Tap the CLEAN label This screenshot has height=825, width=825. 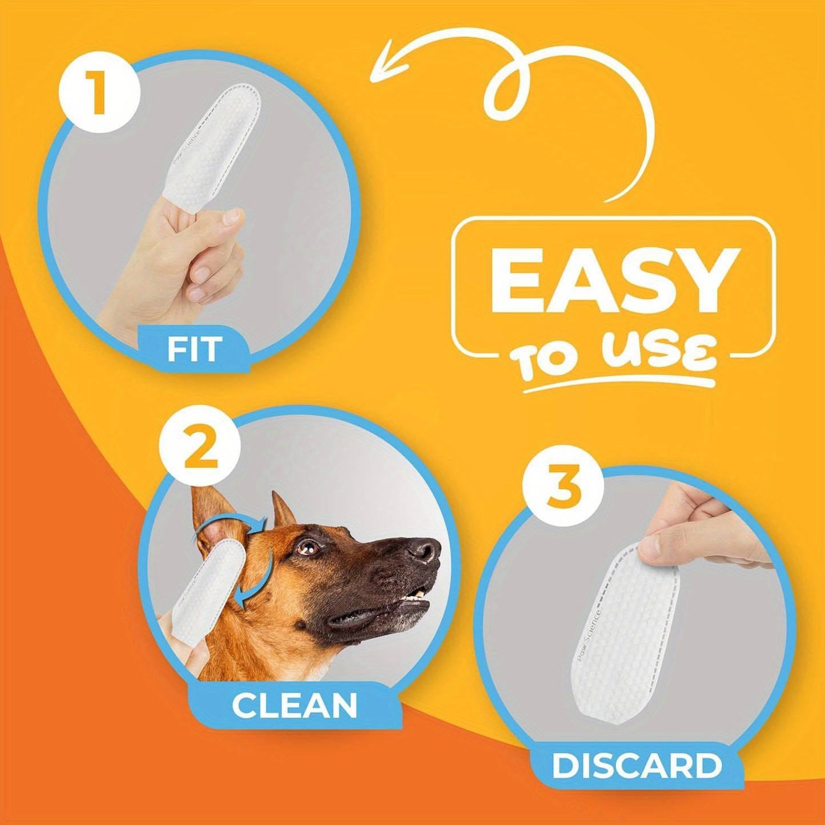[294, 706]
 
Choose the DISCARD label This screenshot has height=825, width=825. [637, 766]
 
